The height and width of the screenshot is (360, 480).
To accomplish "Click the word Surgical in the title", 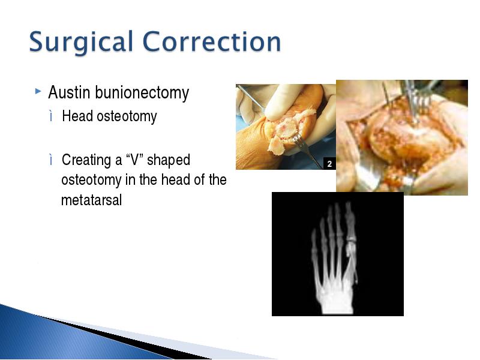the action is pos(81,42).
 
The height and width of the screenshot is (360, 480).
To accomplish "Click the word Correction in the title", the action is pos(212,41).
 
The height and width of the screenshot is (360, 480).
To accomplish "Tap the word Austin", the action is pos(69,92).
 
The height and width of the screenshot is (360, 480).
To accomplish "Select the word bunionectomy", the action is pos(142,93).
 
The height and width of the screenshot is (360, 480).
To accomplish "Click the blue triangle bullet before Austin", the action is pos(38,91).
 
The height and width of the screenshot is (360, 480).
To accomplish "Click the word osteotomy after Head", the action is pos(127,116).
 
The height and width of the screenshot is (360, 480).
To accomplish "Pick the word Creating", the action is pos(86,160).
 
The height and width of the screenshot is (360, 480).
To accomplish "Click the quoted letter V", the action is pos(135,160).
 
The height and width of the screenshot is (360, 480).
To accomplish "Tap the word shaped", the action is pos(169,160).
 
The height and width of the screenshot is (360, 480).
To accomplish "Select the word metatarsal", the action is pos(92,200).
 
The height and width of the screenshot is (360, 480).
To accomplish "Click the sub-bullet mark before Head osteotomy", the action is pos(51,116).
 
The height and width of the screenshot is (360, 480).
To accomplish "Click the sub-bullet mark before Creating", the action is pos(51,160).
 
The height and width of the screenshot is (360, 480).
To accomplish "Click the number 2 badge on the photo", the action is pos(329,164).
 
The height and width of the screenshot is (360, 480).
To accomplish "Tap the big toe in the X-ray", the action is pos(350,220).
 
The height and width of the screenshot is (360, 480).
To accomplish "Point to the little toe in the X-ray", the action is pos(314,242).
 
